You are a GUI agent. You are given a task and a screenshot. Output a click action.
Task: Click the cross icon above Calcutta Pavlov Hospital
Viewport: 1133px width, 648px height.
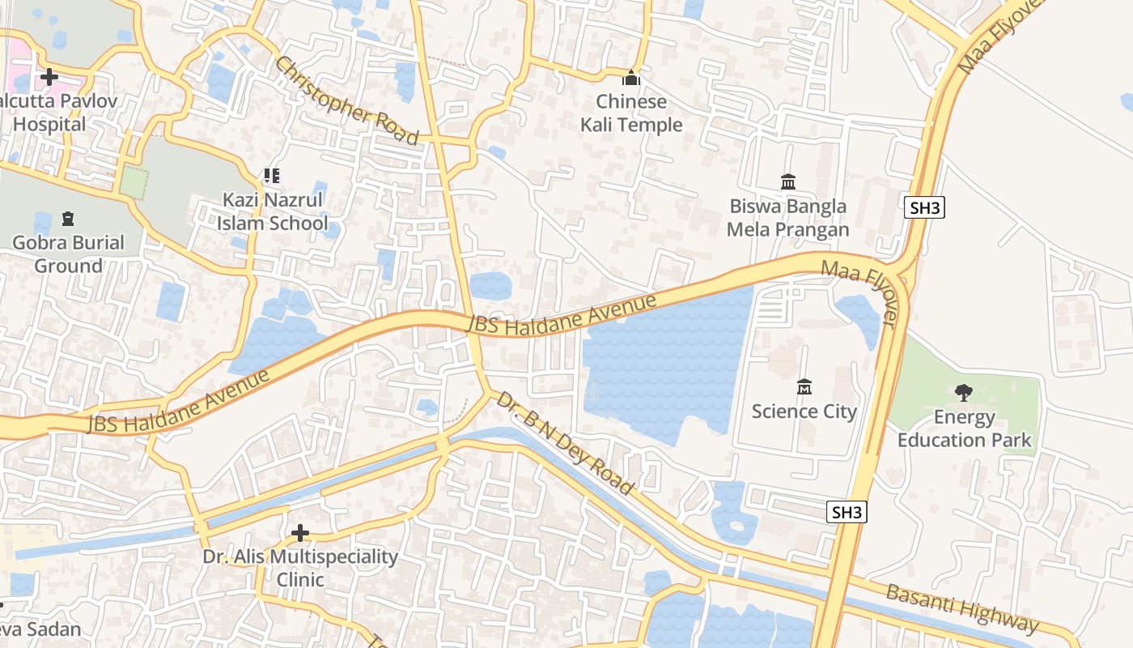point(49,78)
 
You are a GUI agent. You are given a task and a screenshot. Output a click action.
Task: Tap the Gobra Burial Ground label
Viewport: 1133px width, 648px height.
point(68,254)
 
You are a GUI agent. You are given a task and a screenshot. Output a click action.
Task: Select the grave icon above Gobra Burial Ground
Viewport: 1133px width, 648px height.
point(68,219)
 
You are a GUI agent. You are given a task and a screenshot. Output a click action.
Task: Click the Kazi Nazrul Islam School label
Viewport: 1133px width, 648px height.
point(272,211)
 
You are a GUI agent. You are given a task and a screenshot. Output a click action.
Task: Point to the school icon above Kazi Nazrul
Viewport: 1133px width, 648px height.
point(272,176)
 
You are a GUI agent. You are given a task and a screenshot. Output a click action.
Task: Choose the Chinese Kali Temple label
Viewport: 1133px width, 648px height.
point(631,113)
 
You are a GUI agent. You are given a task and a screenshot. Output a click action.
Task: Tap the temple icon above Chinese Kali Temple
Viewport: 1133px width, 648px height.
point(631,79)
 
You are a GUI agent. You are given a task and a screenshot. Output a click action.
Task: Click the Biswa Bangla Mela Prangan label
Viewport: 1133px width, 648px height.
point(787,218)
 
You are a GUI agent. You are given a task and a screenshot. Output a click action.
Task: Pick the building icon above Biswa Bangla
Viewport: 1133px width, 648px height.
point(787,182)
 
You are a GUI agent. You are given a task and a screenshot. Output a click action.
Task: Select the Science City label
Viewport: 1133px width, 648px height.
point(804,411)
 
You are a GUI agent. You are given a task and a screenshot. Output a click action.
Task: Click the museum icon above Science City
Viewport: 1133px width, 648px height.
point(804,387)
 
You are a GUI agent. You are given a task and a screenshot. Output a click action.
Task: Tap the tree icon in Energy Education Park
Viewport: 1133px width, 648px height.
point(963,394)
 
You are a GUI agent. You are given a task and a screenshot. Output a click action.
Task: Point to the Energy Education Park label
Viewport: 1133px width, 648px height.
point(964,428)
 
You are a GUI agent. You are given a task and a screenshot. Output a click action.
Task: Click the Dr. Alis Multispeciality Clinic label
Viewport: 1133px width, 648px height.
point(300,569)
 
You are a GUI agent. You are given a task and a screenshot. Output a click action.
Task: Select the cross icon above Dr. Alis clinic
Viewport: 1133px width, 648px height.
point(300,533)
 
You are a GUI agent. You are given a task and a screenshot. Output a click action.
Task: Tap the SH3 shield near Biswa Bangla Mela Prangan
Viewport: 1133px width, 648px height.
point(924,207)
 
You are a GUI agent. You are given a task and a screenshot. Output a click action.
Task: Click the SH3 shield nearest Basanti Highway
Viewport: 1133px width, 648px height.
point(847,512)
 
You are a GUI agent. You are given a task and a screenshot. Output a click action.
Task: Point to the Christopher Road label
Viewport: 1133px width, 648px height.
point(346,100)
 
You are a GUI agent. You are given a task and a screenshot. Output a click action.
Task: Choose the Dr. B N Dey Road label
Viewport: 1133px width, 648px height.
point(564,443)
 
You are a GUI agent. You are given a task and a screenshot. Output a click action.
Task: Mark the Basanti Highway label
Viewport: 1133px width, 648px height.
point(961,608)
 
